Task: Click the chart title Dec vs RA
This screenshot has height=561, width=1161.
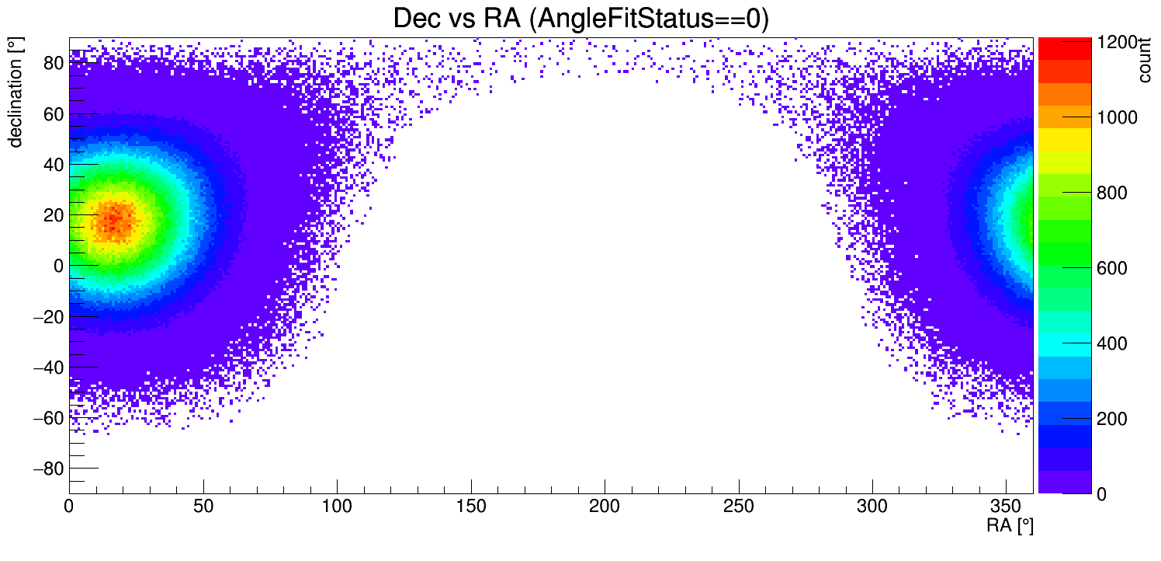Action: (x=580, y=19)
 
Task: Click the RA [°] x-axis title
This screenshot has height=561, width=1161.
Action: (x=1010, y=526)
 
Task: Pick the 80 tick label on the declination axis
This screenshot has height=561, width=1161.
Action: (x=53, y=63)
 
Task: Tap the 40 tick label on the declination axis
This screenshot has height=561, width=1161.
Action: (x=53, y=165)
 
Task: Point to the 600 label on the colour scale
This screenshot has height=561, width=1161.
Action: (x=1111, y=268)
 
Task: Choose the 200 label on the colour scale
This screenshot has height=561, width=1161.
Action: (x=1111, y=419)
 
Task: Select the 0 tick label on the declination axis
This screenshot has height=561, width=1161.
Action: (x=58, y=266)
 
